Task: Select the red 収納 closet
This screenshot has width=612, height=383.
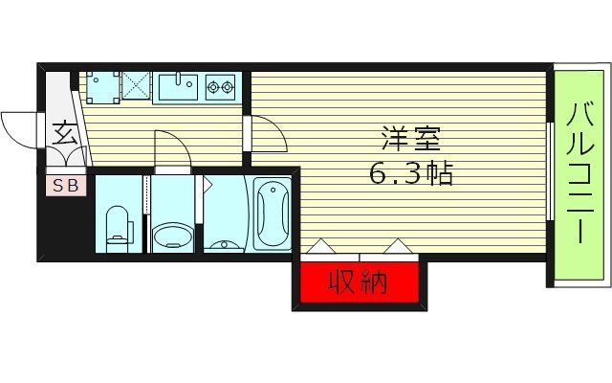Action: (358, 283)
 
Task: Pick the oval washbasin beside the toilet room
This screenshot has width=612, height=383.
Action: (172, 235)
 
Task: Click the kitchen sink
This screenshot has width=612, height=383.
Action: (177, 89)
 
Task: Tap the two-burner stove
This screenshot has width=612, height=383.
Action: (222, 88)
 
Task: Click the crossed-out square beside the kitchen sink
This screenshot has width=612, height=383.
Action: (135, 87)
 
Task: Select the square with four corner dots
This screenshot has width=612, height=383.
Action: (100, 87)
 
